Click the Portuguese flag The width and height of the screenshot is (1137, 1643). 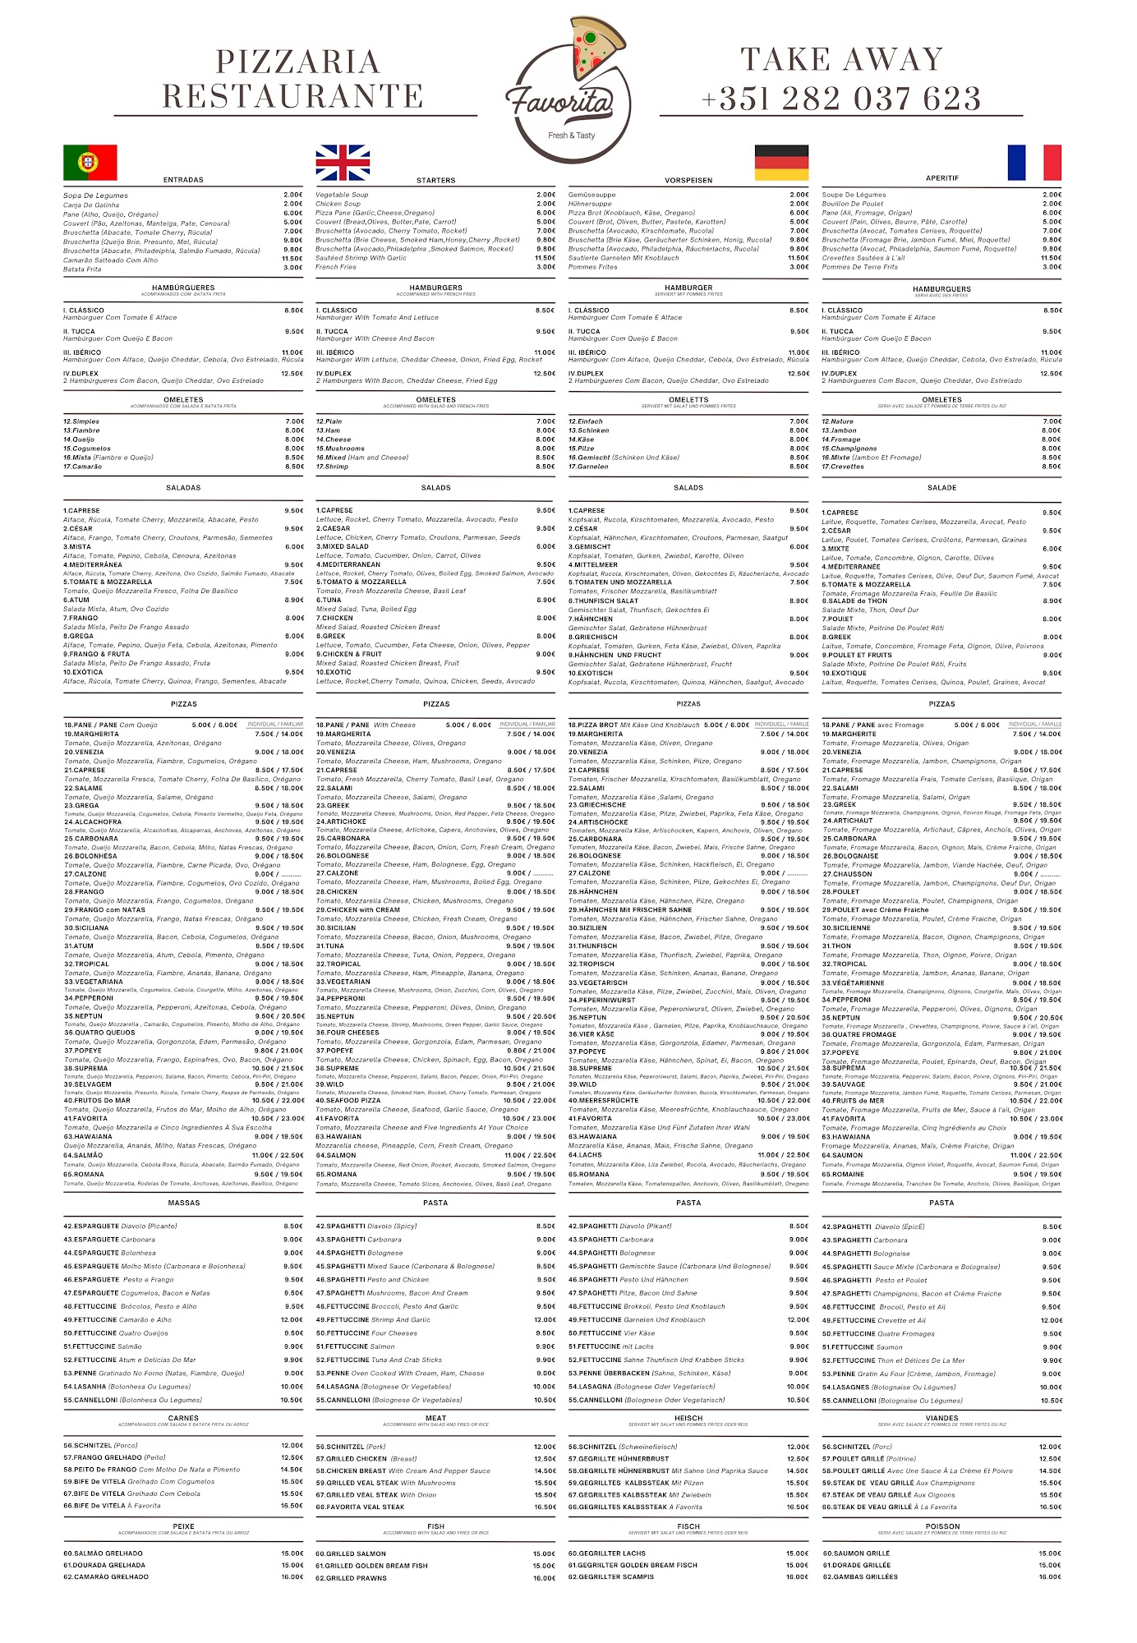pyautogui.click(x=90, y=162)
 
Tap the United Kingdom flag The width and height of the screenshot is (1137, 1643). pyautogui.click(x=343, y=162)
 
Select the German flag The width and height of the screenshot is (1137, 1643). pyautogui.click(x=781, y=162)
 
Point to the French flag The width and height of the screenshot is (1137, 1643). pyautogui.click(x=1034, y=162)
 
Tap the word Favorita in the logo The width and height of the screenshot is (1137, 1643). pyautogui.click(x=560, y=100)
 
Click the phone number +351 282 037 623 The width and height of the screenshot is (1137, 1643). pyautogui.click(x=841, y=99)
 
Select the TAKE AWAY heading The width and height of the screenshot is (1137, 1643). pyautogui.click(x=842, y=59)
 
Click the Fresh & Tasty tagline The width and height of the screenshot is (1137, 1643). pyautogui.click(x=572, y=136)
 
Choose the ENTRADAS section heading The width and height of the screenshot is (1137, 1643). pyautogui.click(x=183, y=180)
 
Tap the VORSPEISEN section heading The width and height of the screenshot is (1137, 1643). pyautogui.click(x=688, y=180)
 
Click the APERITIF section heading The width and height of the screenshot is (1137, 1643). pyautogui.click(x=942, y=178)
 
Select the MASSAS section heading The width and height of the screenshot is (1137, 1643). pyautogui.click(x=183, y=1203)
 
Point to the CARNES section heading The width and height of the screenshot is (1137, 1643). pyautogui.click(x=183, y=1418)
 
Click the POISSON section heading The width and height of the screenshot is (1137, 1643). pyautogui.click(x=942, y=1526)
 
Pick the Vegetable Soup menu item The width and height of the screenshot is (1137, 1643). pyautogui.click(x=342, y=196)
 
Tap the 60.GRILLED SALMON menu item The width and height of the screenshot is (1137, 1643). pyautogui.click(x=351, y=1553)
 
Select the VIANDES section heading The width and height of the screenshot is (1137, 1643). pyautogui.click(x=942, y=1418)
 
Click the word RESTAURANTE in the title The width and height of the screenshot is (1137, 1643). pyautogui.click(x=292, y=96)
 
